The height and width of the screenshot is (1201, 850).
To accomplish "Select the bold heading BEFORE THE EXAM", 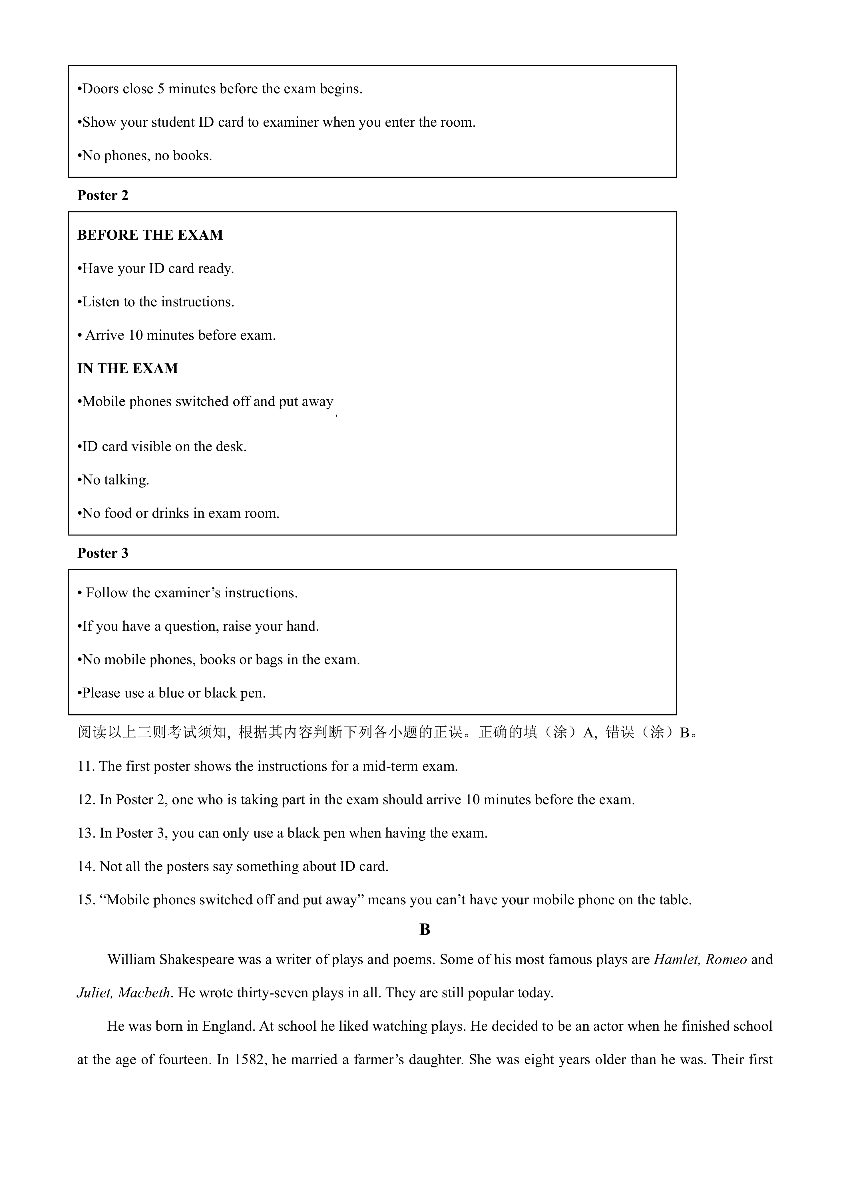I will click(x=150, y=235).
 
